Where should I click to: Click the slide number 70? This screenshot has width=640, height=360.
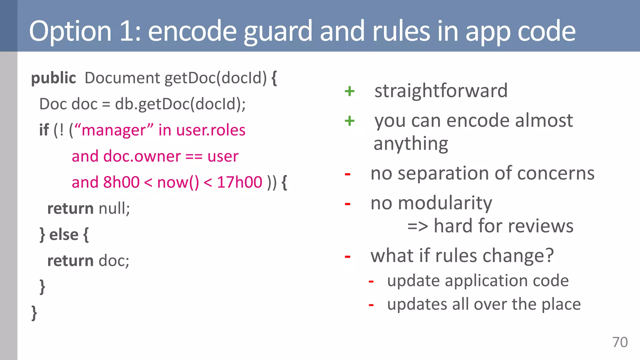point(620,342)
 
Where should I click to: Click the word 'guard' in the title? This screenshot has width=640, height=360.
point(277,31)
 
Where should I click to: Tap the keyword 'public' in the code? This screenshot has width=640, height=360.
point(53,78)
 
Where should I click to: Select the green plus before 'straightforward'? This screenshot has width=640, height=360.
point(349,91)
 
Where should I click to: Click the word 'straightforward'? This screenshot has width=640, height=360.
point(441,91)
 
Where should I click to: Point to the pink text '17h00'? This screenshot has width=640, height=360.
point(239,182)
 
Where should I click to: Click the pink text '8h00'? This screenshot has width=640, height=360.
point(121,182)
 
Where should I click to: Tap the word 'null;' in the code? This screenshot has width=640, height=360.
point(114,208)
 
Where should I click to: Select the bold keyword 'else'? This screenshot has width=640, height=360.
point(64,235)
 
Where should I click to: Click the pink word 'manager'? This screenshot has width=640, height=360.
point(113,130)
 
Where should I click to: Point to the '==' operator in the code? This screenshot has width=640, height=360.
point(194,156)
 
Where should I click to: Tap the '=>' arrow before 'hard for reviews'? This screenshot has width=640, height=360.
point(417,226)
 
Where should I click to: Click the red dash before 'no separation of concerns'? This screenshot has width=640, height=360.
point(347,174)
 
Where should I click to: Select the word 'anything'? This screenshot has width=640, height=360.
point(411,144)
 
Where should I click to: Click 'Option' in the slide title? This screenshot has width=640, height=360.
point(70,31)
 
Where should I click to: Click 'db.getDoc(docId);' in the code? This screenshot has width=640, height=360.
point(180,104)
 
